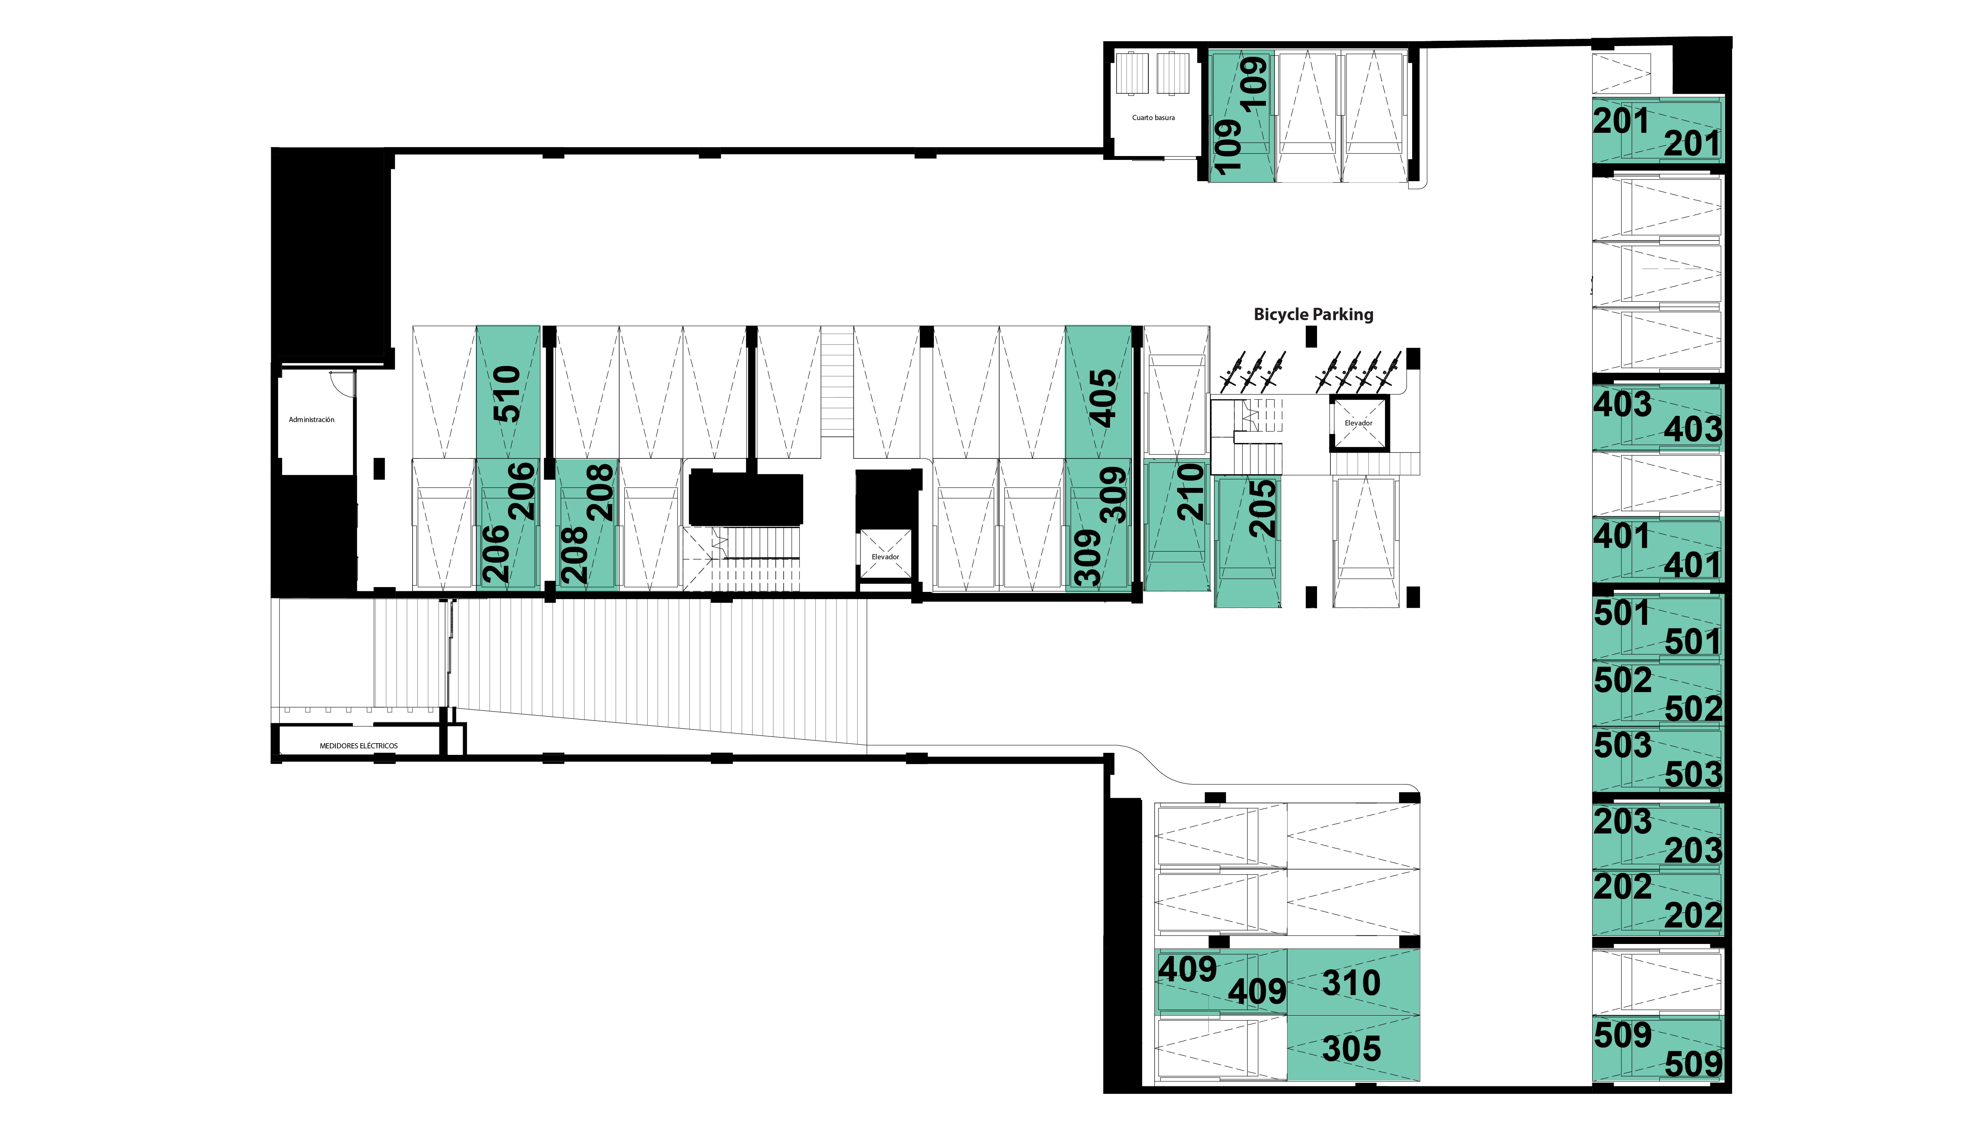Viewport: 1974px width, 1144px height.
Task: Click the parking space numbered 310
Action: pyautogui.click(x=1353, y=982)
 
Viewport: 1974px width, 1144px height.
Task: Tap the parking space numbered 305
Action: pyautogui.click(x=1353, y=1049)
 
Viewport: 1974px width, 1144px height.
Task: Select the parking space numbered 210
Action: pyautogui.click(x=1177, y=525)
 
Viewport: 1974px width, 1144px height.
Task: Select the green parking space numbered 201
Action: pyautogui.click(x=1658, y=131)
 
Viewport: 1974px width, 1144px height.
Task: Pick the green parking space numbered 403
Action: pyautogui.click(x=1658, y=417)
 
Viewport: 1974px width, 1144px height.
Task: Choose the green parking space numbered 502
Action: pyautogui.click(x=1658, y=693)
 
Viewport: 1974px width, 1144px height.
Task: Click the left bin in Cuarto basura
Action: pyautogui.click(x=1132, y=73)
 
